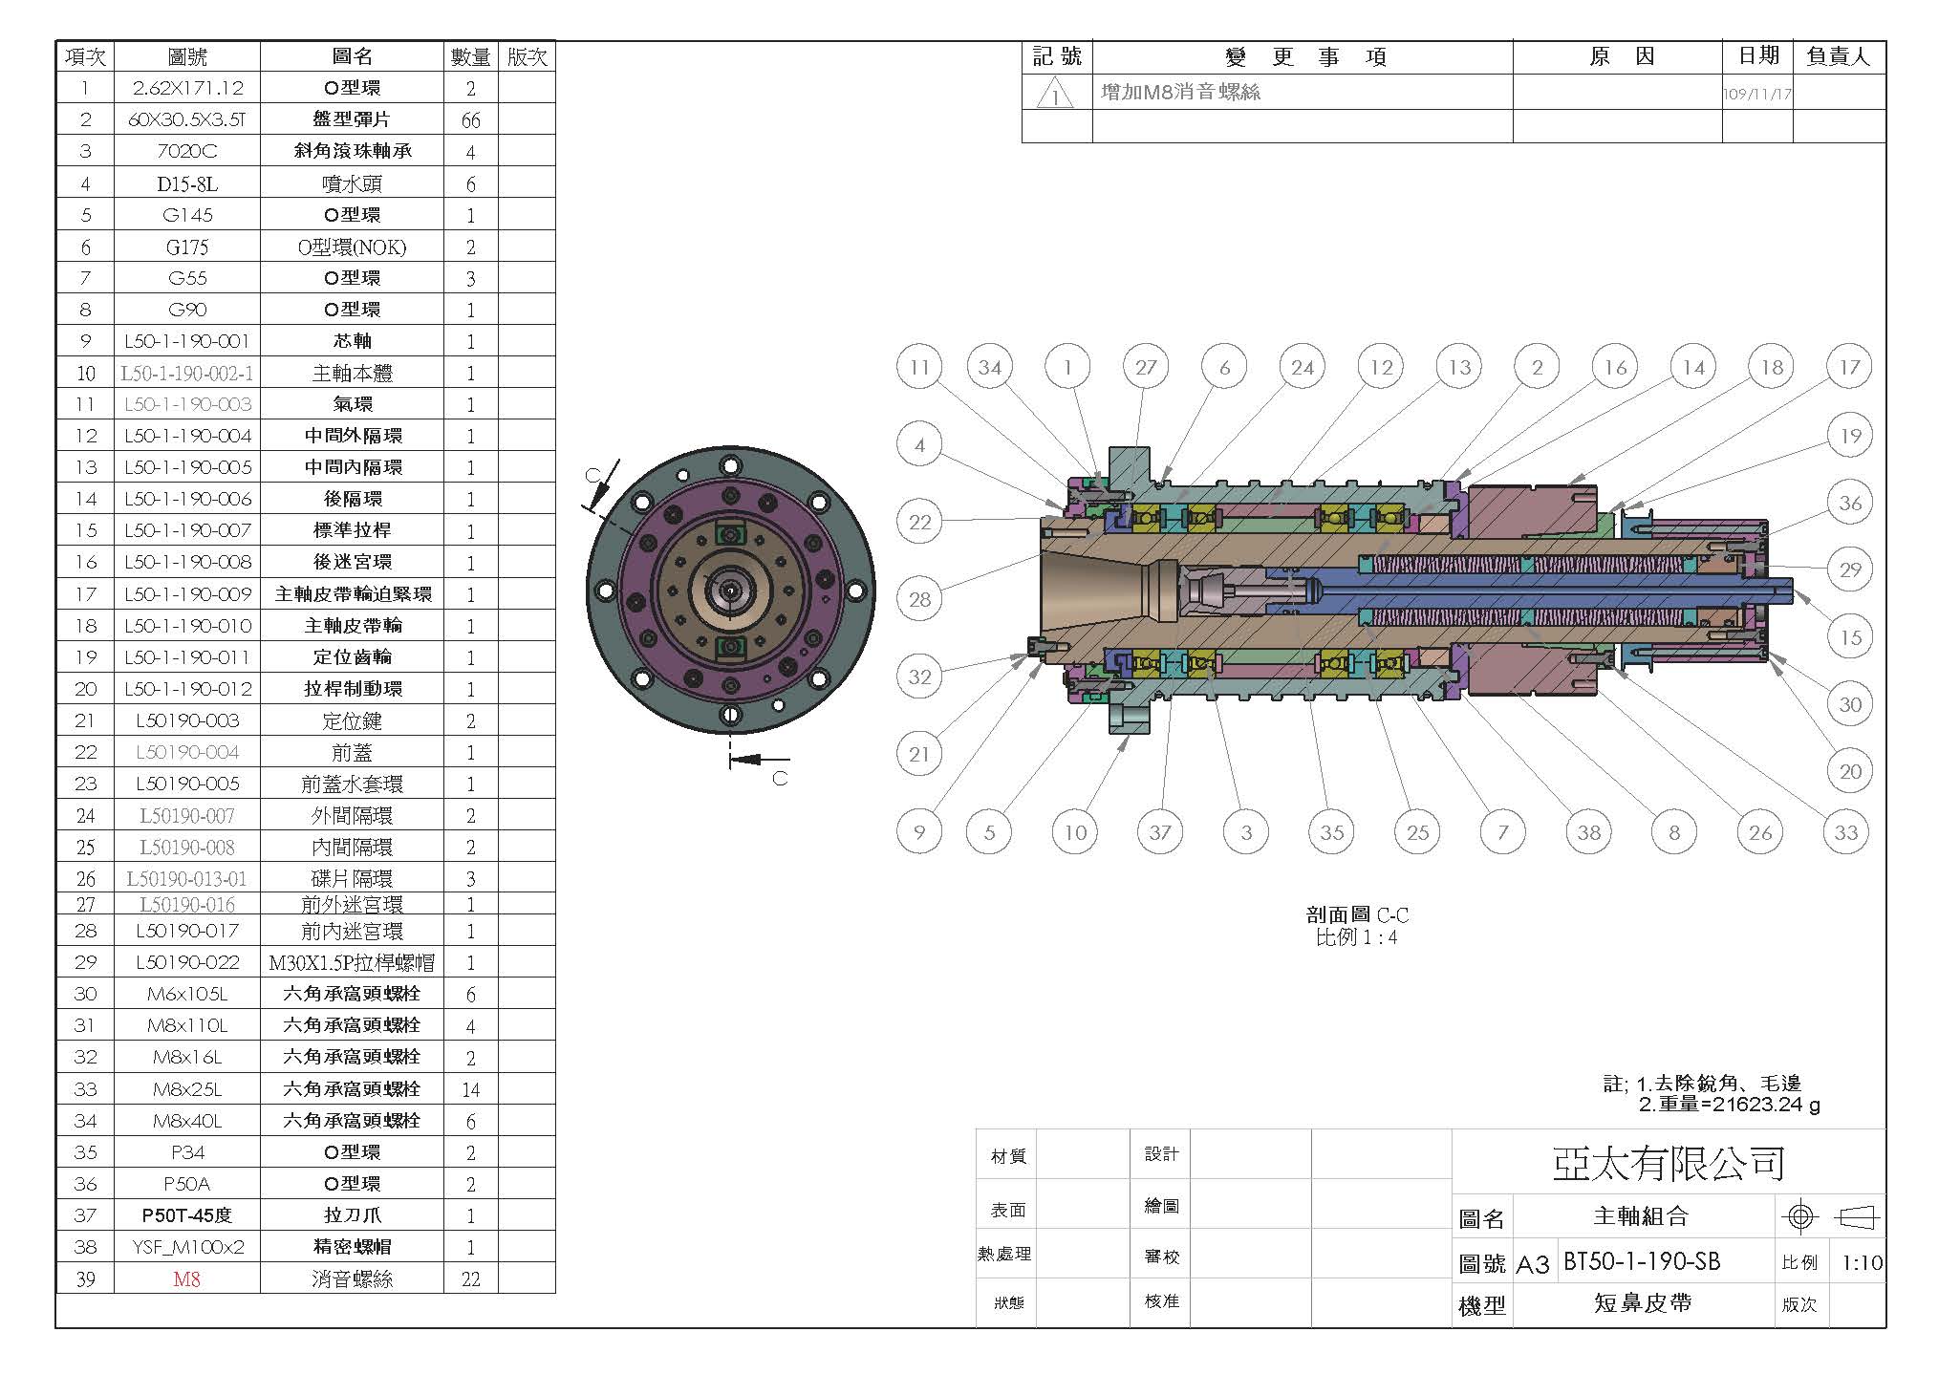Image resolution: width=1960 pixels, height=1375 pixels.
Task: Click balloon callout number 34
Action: pyautogui.click(x=990, y=368)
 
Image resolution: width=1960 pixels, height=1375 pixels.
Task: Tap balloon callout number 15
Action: pyautogui.click(x=1850, y=637)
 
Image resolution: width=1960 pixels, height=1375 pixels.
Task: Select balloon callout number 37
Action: pyautogui.click(x=1160, y=832)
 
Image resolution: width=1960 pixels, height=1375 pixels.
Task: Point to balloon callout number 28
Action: pyautogui.click(x=919, y=599)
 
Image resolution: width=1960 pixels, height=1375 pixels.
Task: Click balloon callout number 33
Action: pyautogui.click(x=1845, y=832)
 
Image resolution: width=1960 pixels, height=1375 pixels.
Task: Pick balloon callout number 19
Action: pyautogui.click(x=1850, y=437)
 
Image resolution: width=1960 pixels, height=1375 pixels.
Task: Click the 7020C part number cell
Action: pyautogui.click(x=187, y=151)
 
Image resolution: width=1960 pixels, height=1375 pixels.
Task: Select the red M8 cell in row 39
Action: pyautogui.click(x=186, y=1278)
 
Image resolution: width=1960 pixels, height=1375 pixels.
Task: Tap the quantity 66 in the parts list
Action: pyautogui.click(x=470, y=120)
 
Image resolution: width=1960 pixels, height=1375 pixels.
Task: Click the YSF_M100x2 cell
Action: pyautogui.click(x=187, y=1247)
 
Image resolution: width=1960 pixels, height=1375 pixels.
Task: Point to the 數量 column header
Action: pyautogui.click(x=470, y=57)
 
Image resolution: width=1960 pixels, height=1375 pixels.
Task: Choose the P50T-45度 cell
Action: pyautogui.click(x=187, y=1215)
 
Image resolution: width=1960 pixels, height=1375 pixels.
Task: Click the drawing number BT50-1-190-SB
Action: pyautogui.click(x=1642, y=1261)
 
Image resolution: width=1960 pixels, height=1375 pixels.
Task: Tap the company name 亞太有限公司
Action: pyautogui.click(x=1669, y=1163)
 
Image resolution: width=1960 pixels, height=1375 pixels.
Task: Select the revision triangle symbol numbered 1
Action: pyautogui.click(x=1055, y=94)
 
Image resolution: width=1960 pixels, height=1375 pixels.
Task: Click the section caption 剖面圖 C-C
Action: pyautogui.click(x=1357, y=914)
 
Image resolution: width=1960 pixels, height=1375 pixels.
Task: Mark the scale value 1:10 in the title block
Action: pyautogui.click(x=1862, y=1263)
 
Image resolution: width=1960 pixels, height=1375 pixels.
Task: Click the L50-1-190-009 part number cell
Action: pyautogui.click(x=187, y=594)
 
